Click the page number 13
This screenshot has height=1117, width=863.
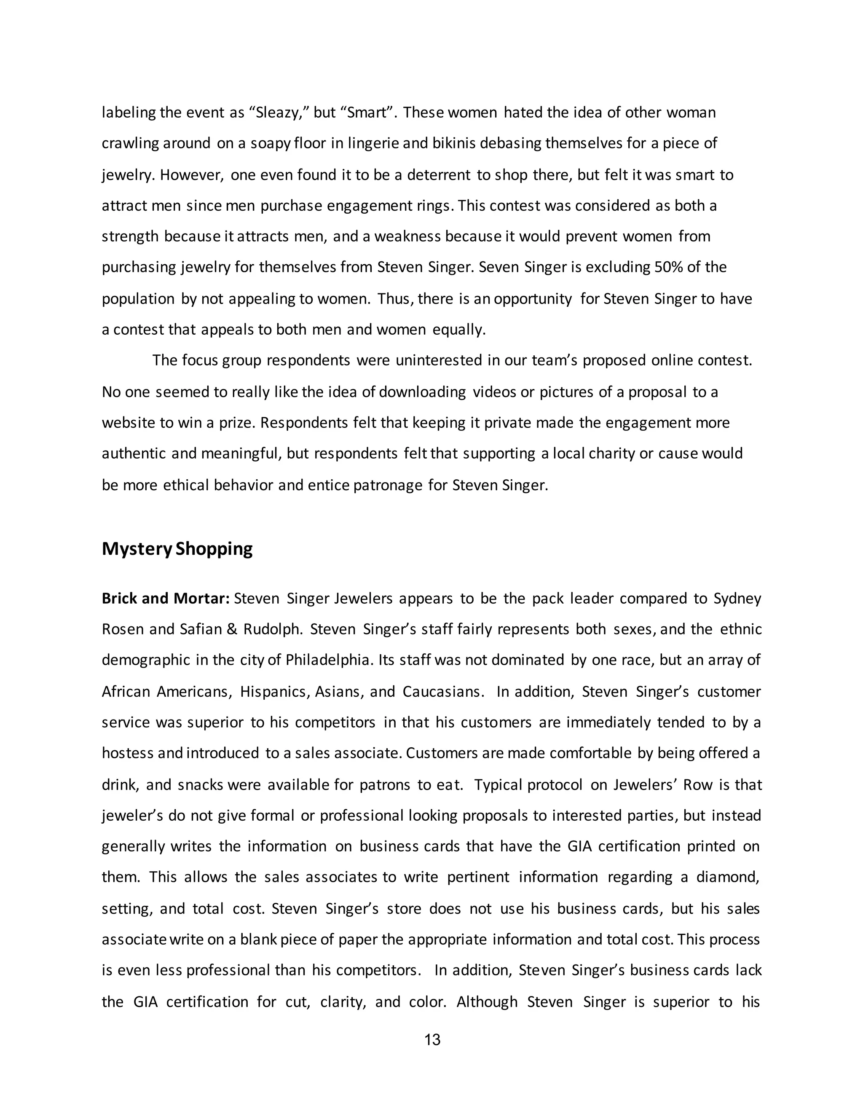[x=432, y=1040]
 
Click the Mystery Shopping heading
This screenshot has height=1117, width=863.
[x=177, y=549]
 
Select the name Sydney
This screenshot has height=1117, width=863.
[x=737, y=599]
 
